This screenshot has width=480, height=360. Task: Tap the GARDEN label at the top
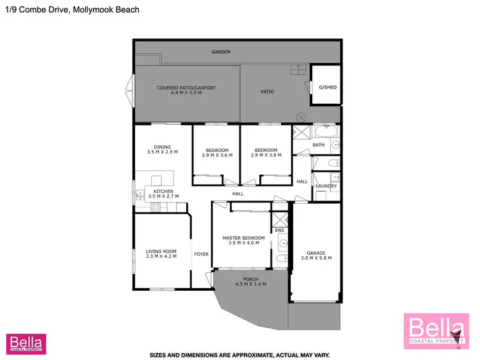pyautogui.click(x=221, y=52)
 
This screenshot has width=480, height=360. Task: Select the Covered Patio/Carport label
pyautogui.click(x=186, y=88)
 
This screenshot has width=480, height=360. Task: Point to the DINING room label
pyautogui.click(x=162, y=147)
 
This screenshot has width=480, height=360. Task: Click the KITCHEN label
pyautogui.click(x=163, y=191)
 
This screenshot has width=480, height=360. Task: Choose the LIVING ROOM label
pyautogui.click(x=161, y=251)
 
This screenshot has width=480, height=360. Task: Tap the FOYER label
pyautogui.click(x=202, y=254)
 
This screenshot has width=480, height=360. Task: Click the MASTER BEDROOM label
pyautogui.click(x=243, y=238)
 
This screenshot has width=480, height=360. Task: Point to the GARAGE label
pyautogui.click(x=316, y=252)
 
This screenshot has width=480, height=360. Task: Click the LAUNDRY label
pyautogui.click(x=326, y=186)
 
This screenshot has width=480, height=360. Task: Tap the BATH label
pyautogui.click(x=319, y=145)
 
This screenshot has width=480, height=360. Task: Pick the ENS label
pyautogui.click(x=279, y=230)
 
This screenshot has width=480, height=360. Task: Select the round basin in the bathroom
pyautogui.click(x=334, y=145)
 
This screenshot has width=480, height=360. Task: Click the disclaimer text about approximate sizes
pyautogui.click(x=239, y=354)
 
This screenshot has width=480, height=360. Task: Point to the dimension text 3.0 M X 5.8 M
pyautogui.click(x=316, y=258)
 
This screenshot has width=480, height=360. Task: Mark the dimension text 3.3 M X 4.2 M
pyautogui.click(x=161, y=257)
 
